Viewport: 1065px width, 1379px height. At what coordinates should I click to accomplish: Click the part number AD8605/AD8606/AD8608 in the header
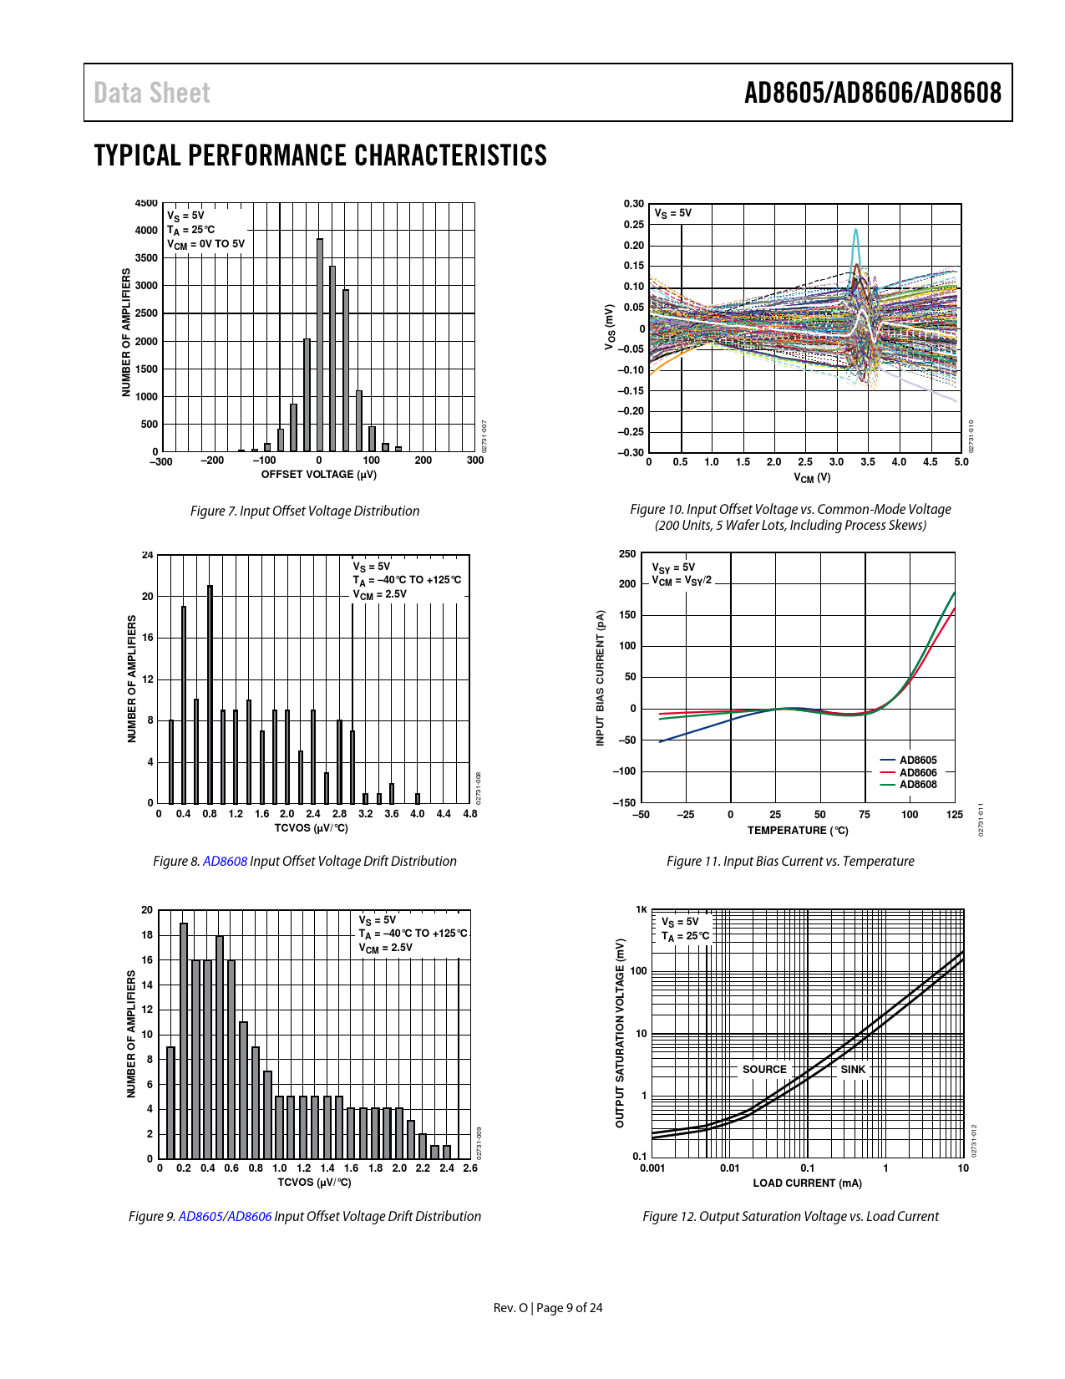pos(872,93)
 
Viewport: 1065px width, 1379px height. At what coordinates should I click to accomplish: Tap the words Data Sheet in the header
pos(152,93)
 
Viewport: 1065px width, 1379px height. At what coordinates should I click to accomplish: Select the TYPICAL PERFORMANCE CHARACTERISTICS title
pos(321,155)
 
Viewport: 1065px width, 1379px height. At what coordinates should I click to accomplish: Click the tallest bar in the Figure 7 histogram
pos(320,344)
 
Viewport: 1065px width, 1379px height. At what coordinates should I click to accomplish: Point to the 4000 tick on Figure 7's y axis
pos(146,231)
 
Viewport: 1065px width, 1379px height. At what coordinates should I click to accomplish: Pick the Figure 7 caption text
pos(305,511)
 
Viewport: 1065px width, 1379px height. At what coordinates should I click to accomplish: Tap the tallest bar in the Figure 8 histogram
pos(210,694)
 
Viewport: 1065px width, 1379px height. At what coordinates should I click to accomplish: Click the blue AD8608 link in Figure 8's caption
pos(225,861)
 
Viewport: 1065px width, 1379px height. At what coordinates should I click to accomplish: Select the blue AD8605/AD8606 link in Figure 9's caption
pos(225,1216)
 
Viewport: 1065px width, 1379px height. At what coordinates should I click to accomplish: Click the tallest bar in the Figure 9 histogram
pos(184,1041)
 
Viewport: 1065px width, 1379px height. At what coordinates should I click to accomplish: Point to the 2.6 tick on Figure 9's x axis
pos(470,1168)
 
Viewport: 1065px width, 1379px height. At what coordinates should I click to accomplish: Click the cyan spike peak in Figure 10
pos(855,231)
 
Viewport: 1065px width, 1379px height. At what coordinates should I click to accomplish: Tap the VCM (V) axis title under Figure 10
pos(811,478)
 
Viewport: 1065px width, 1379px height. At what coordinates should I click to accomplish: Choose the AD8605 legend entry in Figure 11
pos(917,761)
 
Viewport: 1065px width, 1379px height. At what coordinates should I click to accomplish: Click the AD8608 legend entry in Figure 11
pos(917,785)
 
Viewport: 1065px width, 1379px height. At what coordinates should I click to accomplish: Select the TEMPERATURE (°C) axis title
pos(798,831)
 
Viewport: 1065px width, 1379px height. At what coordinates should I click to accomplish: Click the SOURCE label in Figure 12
pos(764,1070)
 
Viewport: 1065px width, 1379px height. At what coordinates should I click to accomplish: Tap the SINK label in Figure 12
pos(853,1070)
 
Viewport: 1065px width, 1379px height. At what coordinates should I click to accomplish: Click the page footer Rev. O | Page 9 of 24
pos(548,1308)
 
